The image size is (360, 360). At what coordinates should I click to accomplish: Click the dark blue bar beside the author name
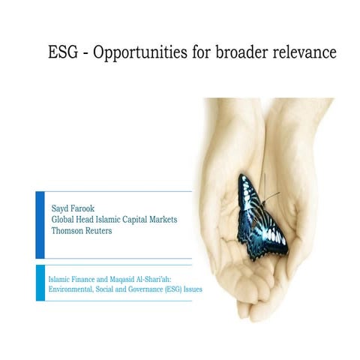[40, 224]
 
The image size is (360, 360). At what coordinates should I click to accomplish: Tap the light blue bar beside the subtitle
[40, 283]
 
